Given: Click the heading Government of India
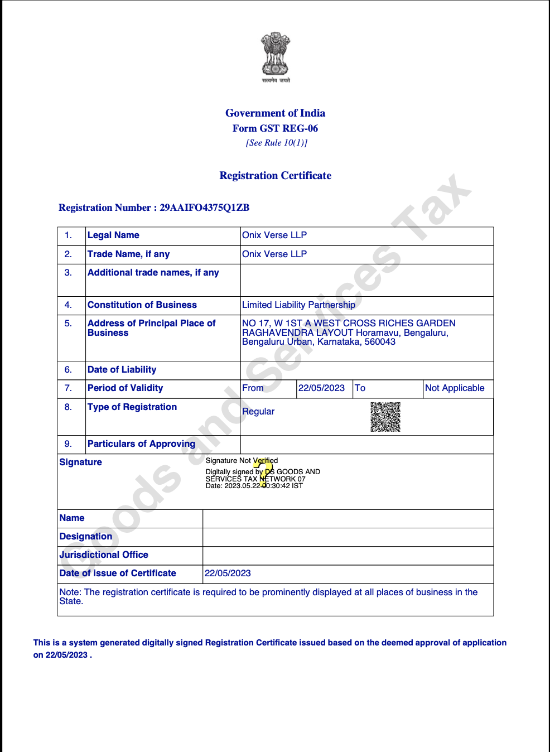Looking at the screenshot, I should tap(275, 113).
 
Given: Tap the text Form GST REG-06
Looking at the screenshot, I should tap(275, 128).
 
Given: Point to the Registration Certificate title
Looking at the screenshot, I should tap(275, 176).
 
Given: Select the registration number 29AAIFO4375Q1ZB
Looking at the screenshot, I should tap(204, 208).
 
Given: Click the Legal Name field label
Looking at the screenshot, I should tap(113, 235).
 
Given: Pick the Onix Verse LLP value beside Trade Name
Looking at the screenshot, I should tap(274, 254).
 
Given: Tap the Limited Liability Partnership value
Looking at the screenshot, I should tap(298, 305).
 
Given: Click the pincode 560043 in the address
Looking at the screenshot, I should tap(380, 342).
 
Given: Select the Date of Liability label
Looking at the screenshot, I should tap(122, 370).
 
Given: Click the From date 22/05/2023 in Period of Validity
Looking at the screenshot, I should tap(321, 388).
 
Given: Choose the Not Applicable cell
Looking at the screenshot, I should tap(455, 388).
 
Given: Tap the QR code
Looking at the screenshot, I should tap(385, 417).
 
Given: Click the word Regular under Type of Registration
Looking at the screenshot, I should tap(258, 412).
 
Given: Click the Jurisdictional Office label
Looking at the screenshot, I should tap(104, 555).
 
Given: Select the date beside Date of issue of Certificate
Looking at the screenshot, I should tap(228, 573).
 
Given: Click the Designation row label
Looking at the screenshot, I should tap(86, 537).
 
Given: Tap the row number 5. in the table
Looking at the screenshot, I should tap(68, 324).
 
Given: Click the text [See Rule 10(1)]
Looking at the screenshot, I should tap(276, 143).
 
